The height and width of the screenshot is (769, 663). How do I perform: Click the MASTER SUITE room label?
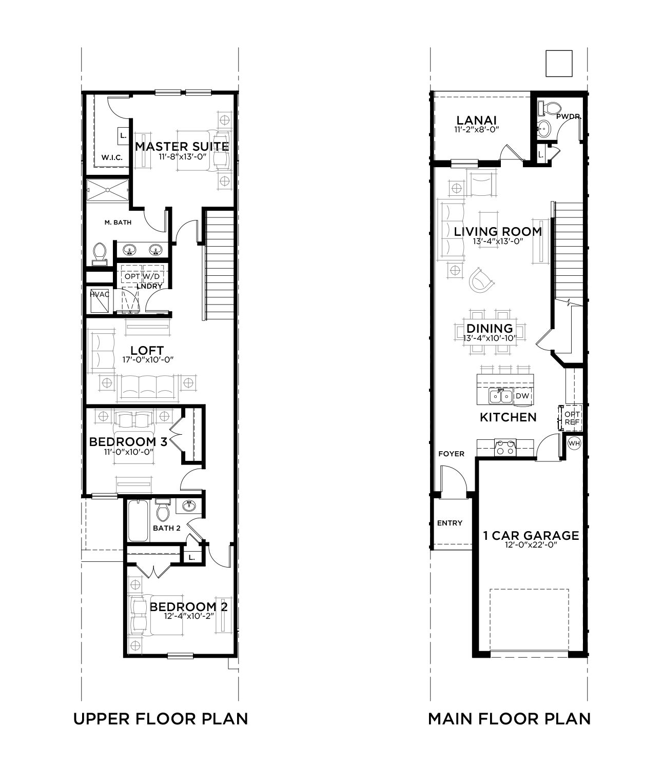coord(182,147)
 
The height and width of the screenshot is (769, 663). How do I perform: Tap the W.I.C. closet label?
coord(112,158)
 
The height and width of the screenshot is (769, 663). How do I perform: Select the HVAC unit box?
coord(100,300)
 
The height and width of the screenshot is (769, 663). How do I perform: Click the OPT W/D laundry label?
coord(142,276)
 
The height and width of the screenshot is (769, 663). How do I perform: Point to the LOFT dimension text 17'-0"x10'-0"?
coord(148,360)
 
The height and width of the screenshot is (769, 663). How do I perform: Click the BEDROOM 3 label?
coord(128,441)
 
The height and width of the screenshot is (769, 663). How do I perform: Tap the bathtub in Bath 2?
coord(138,521)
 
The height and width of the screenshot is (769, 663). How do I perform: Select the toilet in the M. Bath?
coord(100,254)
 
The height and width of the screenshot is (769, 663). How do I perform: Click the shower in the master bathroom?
coord(107,190)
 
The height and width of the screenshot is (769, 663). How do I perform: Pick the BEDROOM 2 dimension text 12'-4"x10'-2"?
coord(189,616)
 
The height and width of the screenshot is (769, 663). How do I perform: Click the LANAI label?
coord(476,120)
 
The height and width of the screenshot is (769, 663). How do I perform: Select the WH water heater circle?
coord(574,443)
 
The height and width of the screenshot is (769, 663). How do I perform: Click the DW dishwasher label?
coord(522,396)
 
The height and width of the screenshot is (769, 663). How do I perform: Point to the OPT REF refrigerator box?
coord(570,418)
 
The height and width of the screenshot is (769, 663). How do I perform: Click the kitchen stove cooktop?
coord(505,447)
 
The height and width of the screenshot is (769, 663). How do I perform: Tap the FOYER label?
coord(452,454)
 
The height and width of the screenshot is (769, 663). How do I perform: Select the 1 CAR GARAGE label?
coord(531,536)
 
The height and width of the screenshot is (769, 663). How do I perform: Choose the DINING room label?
coord(490,329)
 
